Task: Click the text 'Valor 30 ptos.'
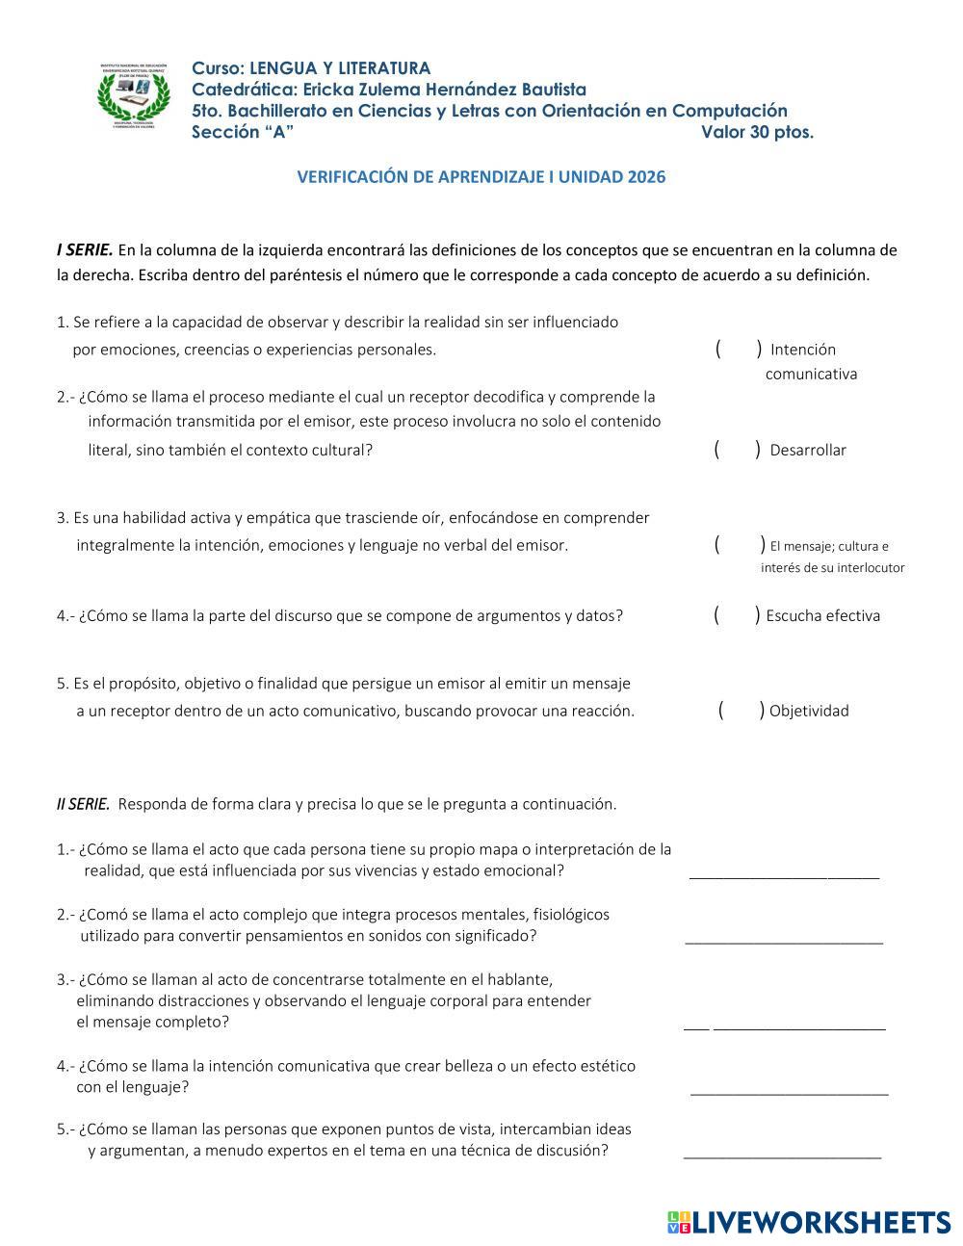pos(757,133)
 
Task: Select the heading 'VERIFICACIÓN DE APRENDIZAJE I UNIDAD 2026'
pos(481,177)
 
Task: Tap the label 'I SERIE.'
pos(85,250)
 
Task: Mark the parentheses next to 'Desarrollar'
pos(738,450)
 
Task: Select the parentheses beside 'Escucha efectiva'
pos(738,615)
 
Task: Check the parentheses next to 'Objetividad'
pos(742,711)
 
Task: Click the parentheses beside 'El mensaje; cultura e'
pos(740,545)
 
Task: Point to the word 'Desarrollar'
pos(808,451)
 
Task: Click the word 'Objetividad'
pos(809,712)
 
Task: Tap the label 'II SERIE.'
pos(84,804)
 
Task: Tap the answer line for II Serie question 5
pos(782,1154)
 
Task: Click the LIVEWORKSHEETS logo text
pos(820,1222)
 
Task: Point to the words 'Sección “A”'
pos(243,133)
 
